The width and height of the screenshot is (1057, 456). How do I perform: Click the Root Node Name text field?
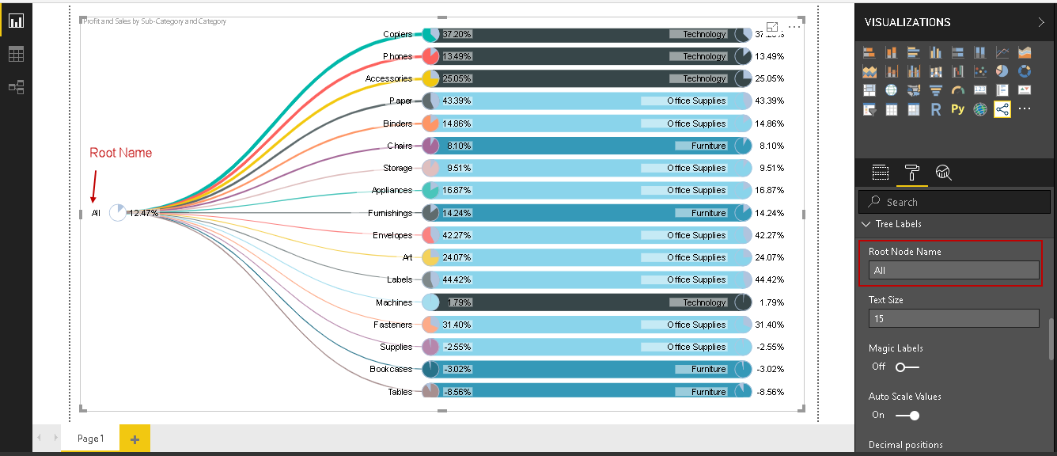click(953, 271)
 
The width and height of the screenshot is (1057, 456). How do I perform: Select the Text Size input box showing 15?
click(953, 318)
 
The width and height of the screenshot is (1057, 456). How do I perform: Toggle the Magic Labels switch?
click(907, 367)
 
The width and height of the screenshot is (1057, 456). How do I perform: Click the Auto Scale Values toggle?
click(907, 415)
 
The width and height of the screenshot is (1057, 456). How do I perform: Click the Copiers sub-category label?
click(397, 34)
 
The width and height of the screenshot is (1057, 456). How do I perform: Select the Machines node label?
click(394, 302)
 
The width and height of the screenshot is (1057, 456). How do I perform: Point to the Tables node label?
click(400, 392)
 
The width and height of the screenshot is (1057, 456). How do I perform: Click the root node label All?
click(96, 213)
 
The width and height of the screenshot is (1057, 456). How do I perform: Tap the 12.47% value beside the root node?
click(144, 213)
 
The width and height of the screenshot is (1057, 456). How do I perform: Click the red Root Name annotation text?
click(120, 153)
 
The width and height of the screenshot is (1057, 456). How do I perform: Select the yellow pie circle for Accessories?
click(430, 78)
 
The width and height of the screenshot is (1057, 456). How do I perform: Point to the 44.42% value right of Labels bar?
click(769, 279)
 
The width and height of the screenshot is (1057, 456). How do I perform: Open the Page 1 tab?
click(90, 439)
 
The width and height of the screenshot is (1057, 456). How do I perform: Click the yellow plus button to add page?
click(134, 439)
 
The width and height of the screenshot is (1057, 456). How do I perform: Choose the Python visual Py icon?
click(957, 110)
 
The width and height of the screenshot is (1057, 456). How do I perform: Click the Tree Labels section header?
click(898, 224)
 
